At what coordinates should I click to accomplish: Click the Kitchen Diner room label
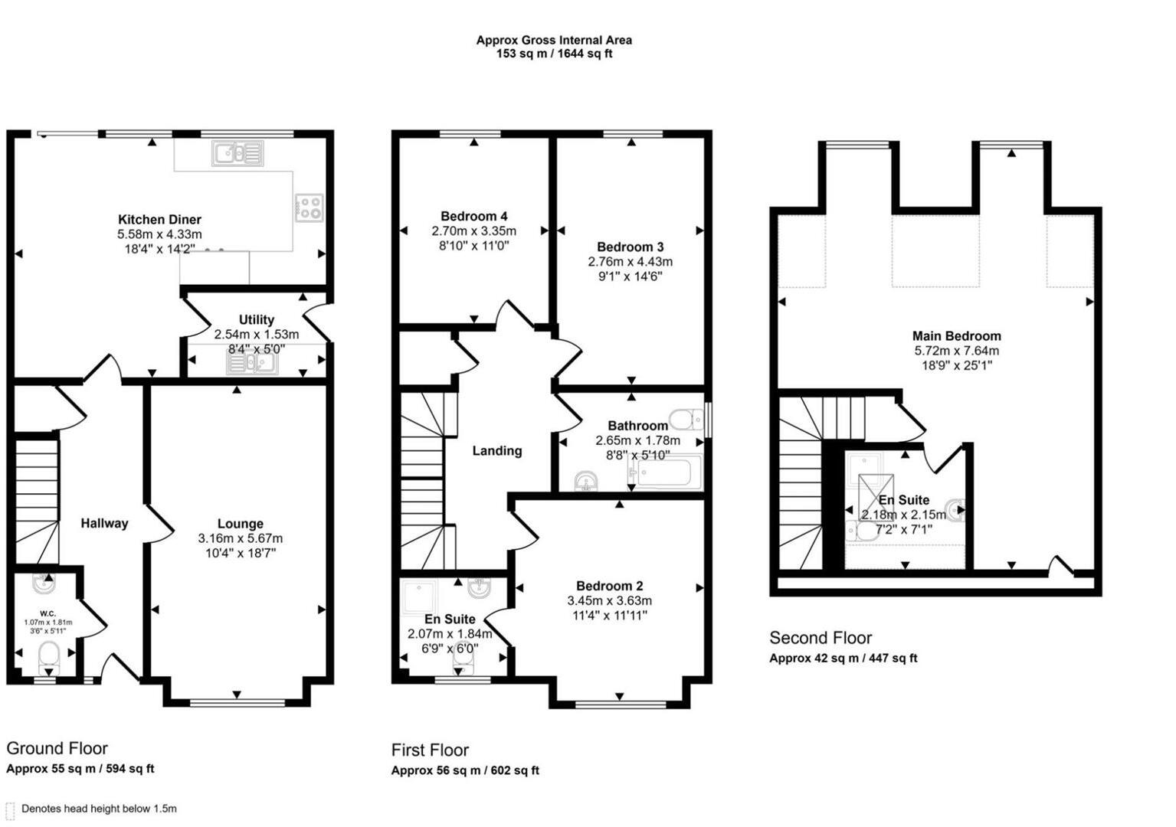click(159, 220)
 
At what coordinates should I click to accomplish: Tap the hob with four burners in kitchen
click(310, 207)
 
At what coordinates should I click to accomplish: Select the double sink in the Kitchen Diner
click(238, 154)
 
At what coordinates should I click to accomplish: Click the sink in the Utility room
click(252, 363)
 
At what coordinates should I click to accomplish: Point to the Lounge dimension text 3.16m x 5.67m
click(240, 538)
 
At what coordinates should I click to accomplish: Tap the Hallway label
click(104, 524)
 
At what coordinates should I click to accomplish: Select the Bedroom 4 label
click(473, 217)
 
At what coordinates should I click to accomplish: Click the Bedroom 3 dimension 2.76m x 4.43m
click(630, 262)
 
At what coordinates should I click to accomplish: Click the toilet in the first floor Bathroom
click(685, 420)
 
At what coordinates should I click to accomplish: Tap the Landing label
click(496, 451)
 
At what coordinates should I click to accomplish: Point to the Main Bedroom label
click(956, 336)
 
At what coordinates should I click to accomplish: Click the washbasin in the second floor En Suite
click(955, 509)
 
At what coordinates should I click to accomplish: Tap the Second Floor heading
click(821, 638)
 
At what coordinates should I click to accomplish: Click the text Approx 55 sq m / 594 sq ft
click(80, 769)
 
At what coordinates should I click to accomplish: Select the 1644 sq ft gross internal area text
click(582, 54)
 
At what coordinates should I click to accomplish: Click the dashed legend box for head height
click(10, 809)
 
